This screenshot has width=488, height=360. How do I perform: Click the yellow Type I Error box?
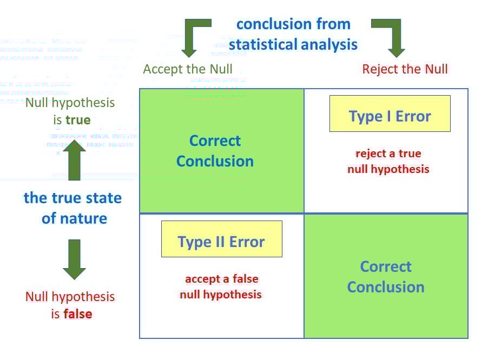pos(390,114)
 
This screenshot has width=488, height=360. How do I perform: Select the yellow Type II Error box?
pos(221,239)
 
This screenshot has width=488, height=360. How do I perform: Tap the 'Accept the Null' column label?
pos(188,69)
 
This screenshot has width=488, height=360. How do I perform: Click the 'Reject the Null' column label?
pos(405,69)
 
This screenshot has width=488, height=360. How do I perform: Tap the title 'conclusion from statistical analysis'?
pos(293,34)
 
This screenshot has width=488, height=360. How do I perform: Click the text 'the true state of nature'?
pos(73,208)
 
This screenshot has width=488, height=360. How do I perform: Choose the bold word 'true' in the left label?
pos(78,119)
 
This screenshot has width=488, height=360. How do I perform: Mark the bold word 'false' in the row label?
pos(78,314)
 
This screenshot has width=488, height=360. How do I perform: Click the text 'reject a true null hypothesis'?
pos(388,161)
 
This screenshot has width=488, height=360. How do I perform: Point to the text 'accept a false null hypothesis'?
pos(221,287)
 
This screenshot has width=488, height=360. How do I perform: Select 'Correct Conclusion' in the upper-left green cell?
pos(215,151)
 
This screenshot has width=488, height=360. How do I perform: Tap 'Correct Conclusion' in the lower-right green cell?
pos(386,277)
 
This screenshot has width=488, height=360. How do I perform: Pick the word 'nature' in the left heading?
pos(82,218)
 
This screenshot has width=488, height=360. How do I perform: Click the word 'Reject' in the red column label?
pos(379,69)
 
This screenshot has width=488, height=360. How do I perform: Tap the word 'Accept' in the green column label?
pos(162,69)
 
